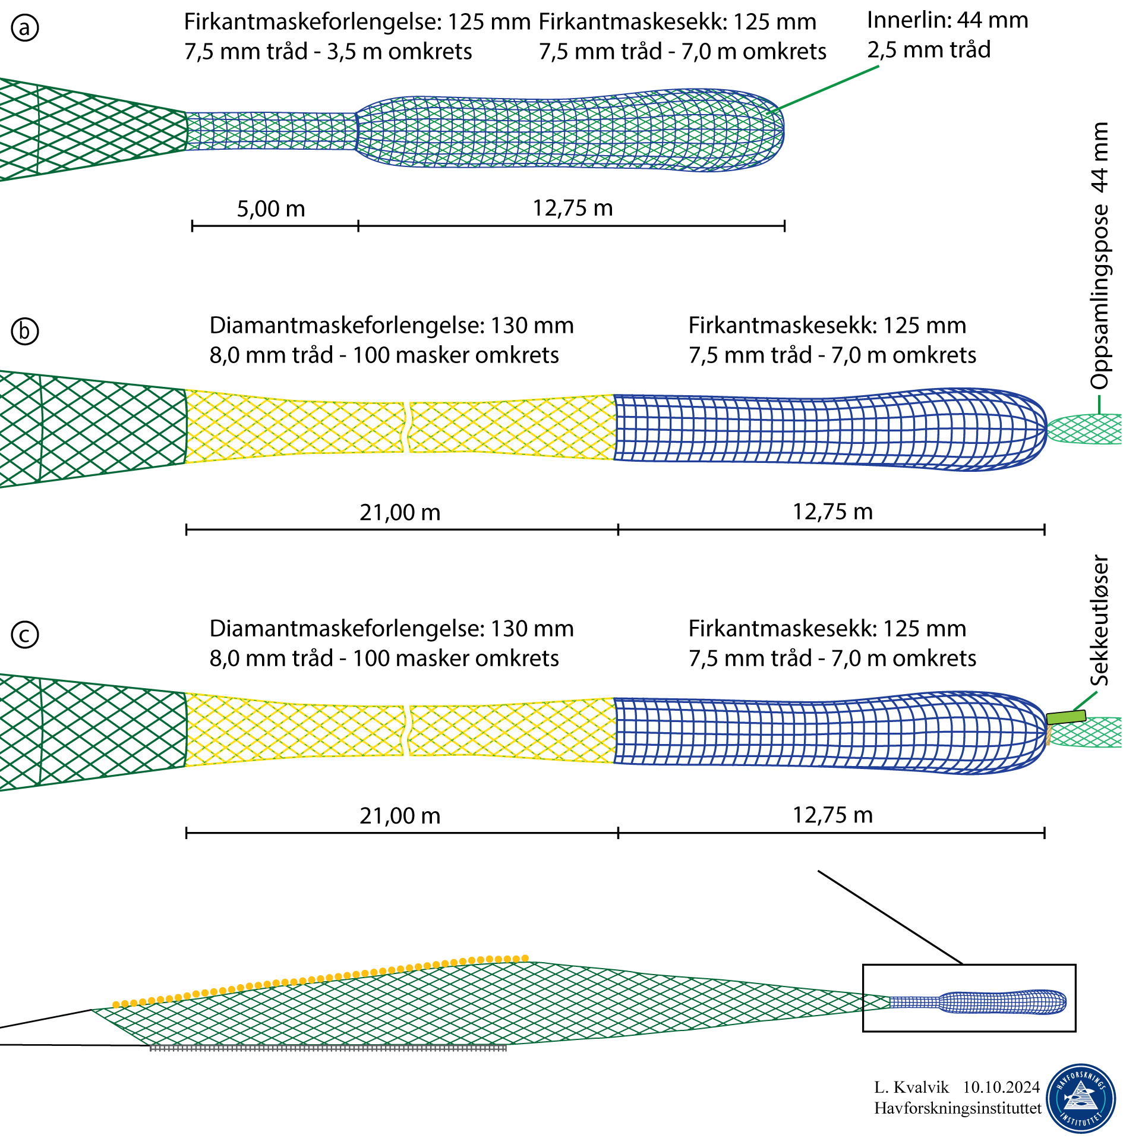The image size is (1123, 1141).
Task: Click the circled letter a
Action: click(x=25, y=28)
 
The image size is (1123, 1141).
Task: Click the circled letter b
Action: click(x=25, y=331)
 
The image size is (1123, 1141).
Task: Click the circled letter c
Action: click(x=25, y=634)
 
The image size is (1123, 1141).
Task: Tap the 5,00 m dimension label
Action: click(x=271, y=209)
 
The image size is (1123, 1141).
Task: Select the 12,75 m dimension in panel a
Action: click(x=572, y=208)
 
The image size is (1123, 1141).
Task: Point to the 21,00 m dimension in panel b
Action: click(x=400, y=512)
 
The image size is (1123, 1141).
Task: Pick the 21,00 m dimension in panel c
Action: click(x=400, y=815)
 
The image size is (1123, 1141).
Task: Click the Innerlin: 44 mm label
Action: click(x=947, y=20)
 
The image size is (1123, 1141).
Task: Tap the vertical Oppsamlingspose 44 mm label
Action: click(x=1100, y=256)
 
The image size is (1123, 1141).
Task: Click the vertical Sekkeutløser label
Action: click(x=1100, y=620)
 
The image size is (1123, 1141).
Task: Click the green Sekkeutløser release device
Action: click(x=1066, y=717)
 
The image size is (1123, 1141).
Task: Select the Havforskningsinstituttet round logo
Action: click(x=1081, y=1098)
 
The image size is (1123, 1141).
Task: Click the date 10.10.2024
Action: click(x=1001, y=1087)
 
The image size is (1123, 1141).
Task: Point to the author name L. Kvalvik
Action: click(x=911, y=1087)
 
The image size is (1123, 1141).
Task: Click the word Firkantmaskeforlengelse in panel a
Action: click(x=313, y=22)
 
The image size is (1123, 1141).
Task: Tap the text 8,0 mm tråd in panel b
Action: click(x=271, y=355)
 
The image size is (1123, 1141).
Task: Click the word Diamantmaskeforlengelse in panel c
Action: click(x=349, y=629)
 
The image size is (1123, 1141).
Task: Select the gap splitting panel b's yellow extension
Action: click(x=407, y=427)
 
